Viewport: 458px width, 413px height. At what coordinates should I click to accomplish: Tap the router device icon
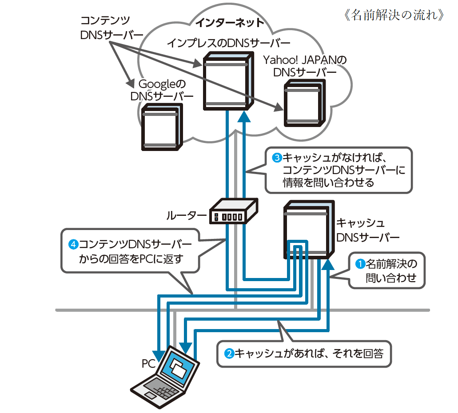click(x=233, y=211)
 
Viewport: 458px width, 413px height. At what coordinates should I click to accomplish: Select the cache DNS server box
click(x=309, y=230)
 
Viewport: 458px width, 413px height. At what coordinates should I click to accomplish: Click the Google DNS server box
click(x=162, y=127)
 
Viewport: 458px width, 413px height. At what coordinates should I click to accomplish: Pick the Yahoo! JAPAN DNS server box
click(x=305, y=103)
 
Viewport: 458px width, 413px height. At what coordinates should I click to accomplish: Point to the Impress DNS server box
click(x=228, y=81)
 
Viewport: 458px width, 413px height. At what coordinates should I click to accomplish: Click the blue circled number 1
click(x=360, y=264)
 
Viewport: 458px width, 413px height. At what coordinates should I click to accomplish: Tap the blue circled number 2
click(x=229, y=353)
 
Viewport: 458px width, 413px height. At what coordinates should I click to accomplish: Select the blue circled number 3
click(x=277, y=158)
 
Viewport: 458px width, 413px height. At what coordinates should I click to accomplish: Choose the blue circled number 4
click(x=73, y=244)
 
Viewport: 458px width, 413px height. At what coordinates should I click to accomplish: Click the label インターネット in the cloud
click(x=230, y=23)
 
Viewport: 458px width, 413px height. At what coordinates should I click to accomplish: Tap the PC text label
click(x=149, y=364)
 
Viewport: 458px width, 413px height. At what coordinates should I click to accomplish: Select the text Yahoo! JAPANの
click(x=305, y=60)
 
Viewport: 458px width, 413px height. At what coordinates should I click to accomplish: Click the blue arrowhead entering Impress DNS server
click(x=244, y=116)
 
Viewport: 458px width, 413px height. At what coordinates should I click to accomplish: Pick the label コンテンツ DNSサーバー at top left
click(x=112, y=28)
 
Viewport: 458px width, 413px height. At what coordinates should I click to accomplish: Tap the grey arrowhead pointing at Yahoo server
click(x=279, y=107)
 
